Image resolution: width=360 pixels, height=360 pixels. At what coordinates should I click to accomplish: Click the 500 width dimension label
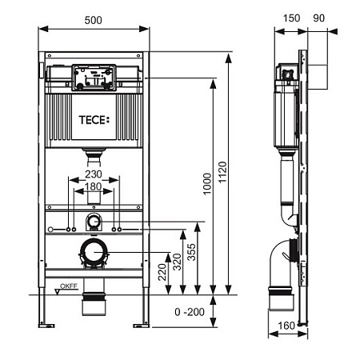tap(93, 20)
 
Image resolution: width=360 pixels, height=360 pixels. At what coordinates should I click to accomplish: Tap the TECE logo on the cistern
tap(94, 120)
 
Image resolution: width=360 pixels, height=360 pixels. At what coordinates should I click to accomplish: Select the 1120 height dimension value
tap(222, 172)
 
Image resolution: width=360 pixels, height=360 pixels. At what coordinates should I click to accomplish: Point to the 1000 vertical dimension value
tap(207, 184)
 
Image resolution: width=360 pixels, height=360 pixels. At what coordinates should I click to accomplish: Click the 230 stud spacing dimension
tap(94, 174)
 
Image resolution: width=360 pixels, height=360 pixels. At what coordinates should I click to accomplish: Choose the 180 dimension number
tap(94, 186)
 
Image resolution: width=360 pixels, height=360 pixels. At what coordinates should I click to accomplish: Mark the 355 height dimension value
tap(191, 252)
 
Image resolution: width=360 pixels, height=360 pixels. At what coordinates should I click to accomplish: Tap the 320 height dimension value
tap(177, 262)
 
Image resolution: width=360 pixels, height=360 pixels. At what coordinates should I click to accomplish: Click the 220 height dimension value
tap(162, 272)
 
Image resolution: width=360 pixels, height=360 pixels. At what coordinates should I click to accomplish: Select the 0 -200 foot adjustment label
tap(190, 312)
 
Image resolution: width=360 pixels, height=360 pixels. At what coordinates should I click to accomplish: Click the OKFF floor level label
tap(69, 286)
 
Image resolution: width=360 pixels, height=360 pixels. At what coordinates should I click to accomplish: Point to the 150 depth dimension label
tap(291, 18)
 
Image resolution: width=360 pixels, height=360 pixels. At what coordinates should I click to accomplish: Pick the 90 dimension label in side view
tap(319, 18)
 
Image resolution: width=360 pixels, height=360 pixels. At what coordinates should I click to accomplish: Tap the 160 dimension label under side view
tap(286, 326)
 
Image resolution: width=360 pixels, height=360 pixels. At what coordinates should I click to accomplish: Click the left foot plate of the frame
tap(46, 326)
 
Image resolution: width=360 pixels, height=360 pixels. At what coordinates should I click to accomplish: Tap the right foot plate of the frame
tap(141, 326)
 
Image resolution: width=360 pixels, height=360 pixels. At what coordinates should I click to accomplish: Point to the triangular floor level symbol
tap(58, 292)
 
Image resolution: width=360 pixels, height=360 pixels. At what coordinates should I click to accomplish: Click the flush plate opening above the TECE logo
tap(94, 78)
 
